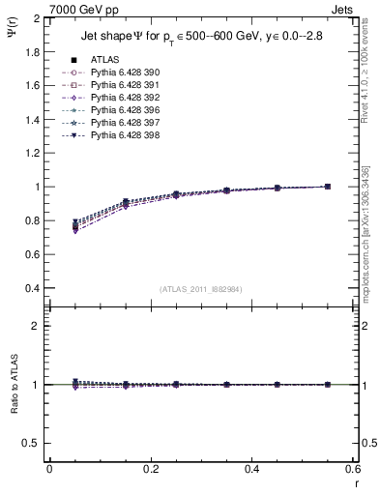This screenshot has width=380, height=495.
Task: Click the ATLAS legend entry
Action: coord(105,60)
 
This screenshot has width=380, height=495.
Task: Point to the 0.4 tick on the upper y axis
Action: coord(32,288)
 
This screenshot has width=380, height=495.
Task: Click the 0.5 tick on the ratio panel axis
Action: coord(32,443)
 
